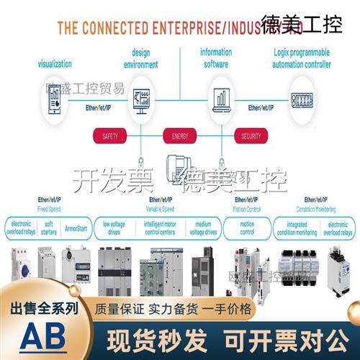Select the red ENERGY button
[x=179, y=135]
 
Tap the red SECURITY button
[x=251, y=135]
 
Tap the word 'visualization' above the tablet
[x=55, y=63]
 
